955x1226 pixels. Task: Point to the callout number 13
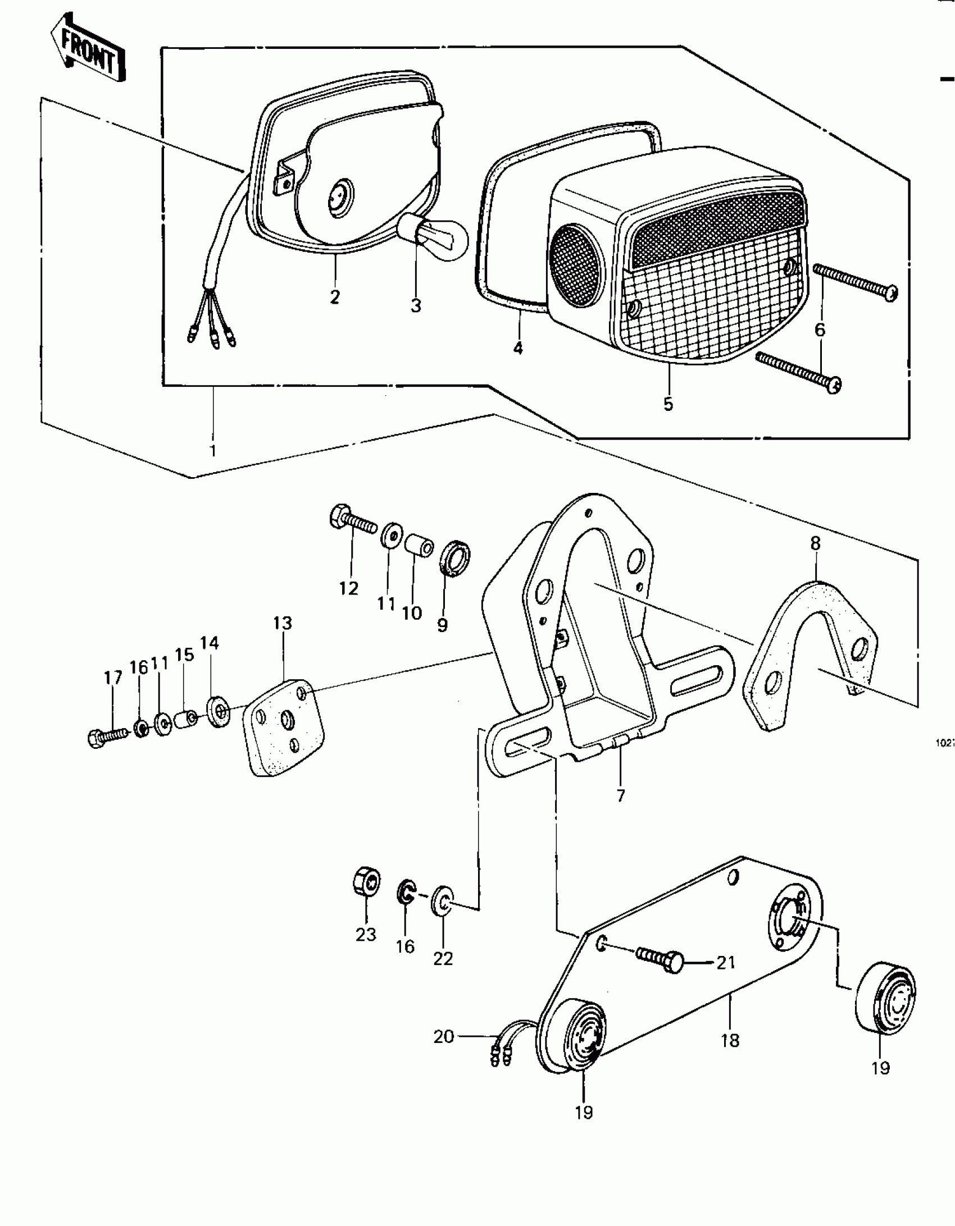[283, 623]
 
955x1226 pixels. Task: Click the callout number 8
[815, 543]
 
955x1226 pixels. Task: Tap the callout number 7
[620, 795]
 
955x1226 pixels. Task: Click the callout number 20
[443, 1036]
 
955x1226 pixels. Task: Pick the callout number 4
[518, 348]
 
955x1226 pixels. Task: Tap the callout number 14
[210, 643]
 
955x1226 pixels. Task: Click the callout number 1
[212, 450]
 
